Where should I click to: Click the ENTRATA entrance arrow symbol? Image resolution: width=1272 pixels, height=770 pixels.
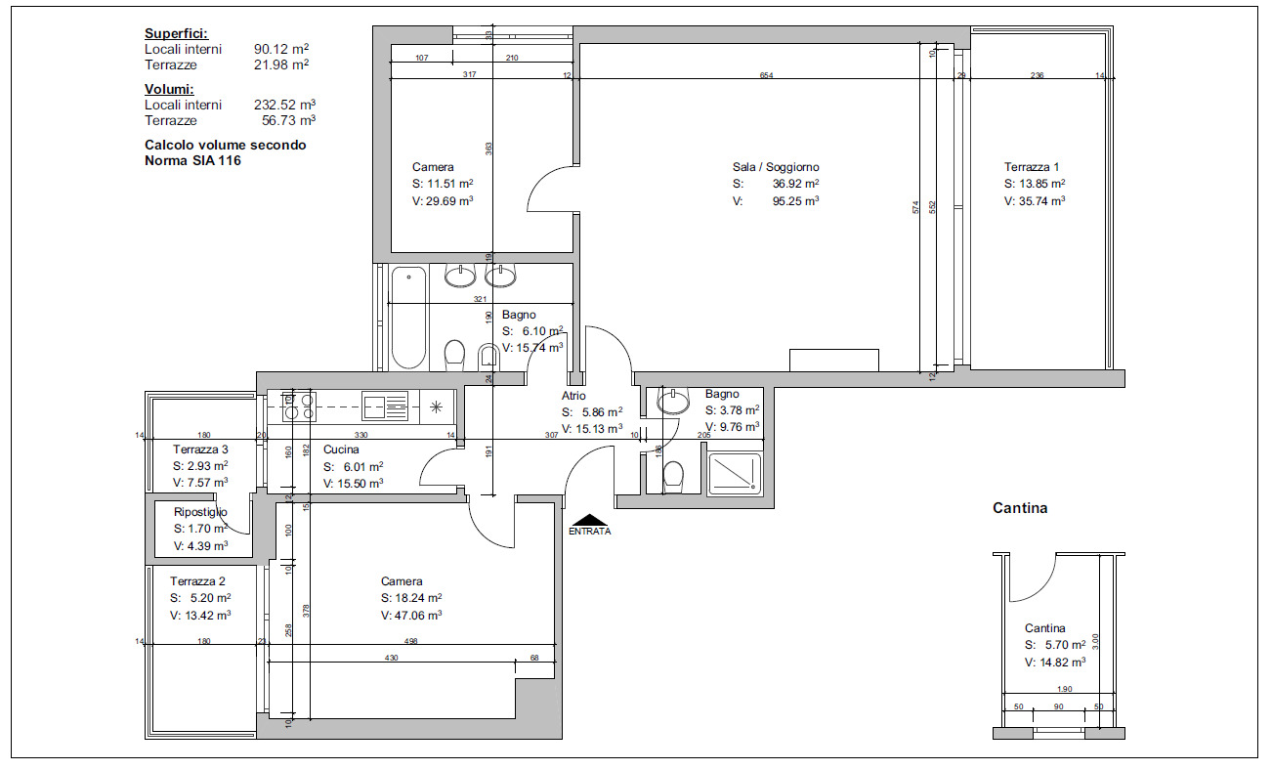[589, 521]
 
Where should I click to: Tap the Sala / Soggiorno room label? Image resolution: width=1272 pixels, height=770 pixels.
[776, 167]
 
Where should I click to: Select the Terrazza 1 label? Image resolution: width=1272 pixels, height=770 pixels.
[1032, 167]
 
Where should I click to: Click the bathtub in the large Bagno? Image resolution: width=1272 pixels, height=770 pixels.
[408, 316]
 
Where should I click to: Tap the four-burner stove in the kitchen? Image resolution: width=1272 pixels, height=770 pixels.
[299, 406]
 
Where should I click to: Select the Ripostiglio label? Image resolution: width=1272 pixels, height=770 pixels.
[200, 512]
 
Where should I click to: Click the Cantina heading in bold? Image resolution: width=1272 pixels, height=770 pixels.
[1020, 508]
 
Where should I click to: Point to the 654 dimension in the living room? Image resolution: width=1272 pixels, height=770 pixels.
[767, 76]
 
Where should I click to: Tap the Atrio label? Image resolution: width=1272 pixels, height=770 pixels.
[573, 396]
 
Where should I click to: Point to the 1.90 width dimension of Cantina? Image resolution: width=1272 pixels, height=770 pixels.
[1064, 689]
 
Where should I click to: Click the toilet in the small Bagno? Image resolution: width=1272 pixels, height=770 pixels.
[672, 477]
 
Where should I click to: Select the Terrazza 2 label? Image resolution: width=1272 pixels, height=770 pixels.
[197, 580]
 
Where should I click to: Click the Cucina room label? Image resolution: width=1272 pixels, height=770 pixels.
[340, 449]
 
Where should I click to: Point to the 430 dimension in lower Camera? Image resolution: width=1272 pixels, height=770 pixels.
[391, 658]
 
